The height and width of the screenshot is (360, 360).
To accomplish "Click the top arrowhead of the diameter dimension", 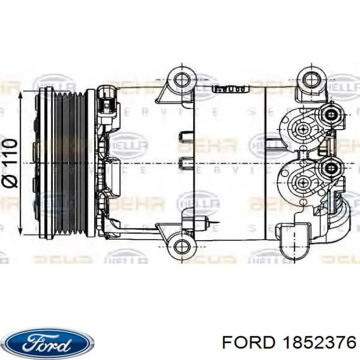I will point(21,95).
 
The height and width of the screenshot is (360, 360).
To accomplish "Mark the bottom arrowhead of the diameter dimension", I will point(21,230).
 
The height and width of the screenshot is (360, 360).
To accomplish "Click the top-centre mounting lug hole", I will point(182,80).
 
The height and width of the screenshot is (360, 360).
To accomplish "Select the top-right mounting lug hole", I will point(311,80).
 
